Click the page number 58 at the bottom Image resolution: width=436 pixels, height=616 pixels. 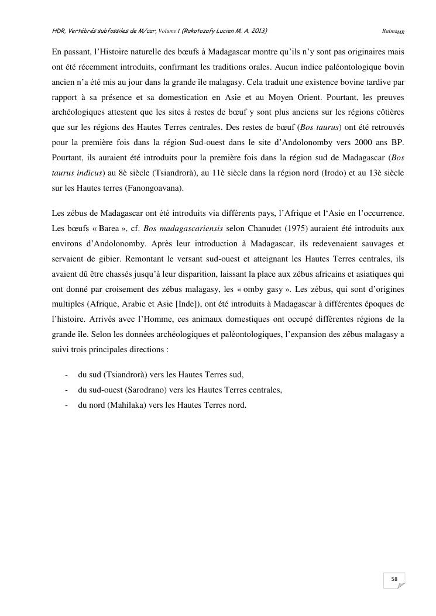click(x=394, y=579)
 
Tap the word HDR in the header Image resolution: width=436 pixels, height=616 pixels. click(x=58, y=30)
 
